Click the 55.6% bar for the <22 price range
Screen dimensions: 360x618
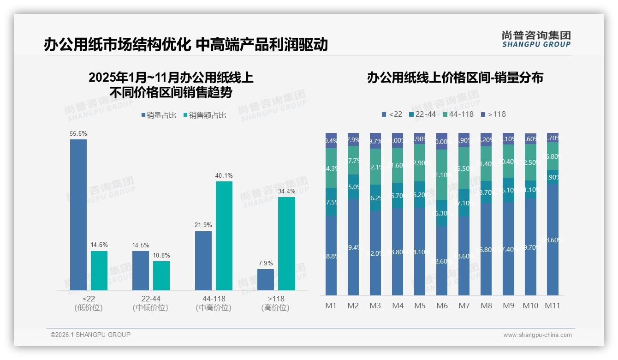pyautogui.click(x=78, y=215)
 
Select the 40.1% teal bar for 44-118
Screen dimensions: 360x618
pyautogui.click(x=224, y=236)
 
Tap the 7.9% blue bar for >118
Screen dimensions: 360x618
pyautogui.click(x=266, y=280)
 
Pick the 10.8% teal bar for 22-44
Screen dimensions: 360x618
pyautogui.click(x=161, y=276)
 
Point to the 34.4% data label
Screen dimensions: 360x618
pyautogui.click(x=286, y=192)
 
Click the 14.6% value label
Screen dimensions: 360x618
pyautogui.click(x=99, y=246)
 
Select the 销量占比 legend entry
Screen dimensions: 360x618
pyautogui.click(x=159, y=115)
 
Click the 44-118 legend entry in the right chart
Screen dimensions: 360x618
pyautogui.click(x=458, y=114)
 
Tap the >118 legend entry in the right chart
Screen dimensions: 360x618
pyautogui.click(x=493, y=114)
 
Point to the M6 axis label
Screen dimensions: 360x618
pyautogui.click(x=442, y=306)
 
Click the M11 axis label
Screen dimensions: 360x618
pyautogui.click(x=553, y=306)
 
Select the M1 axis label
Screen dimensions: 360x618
pyautogui.click(x=331, y=306)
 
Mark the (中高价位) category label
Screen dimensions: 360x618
pyautogui.click(x=214, y=308)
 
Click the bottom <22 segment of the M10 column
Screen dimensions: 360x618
pyautogui.click(x=530, y=247)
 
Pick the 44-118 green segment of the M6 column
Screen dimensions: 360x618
pyautogui.click(x=442, y=175)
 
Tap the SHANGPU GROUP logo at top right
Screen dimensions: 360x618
pyautogui.click(x=536, y=39)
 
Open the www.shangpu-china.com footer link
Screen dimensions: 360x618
pyautogui.click(x=537, y=335)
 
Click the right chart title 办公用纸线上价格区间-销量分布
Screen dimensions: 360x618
pyautogui.click(x=455, y=78)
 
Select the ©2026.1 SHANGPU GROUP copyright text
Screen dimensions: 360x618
pyautogui.click(x=90, y=335)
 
